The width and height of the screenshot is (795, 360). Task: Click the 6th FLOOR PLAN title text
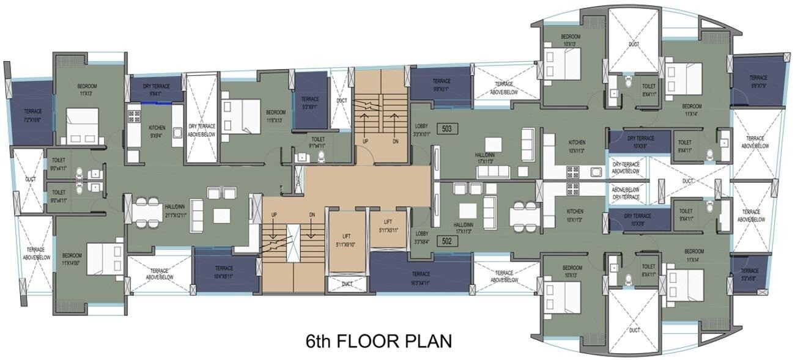pyautogui.click(x=379, y=340)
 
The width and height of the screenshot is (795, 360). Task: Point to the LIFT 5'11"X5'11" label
pyautogui.click(x=388, y=226)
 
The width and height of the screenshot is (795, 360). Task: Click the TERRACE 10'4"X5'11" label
pyautogui.click(x=223, y=271)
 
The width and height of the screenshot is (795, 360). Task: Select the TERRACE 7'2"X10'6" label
pyautogui.click(x=33, y=115)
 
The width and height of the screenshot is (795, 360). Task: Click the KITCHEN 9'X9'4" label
pyautogui.click(x=157, y=131)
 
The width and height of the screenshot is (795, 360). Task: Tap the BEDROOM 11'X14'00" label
pyautogui.click(x=72, y=259)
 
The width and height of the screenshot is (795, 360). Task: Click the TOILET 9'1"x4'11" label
pyautogui.click(x=317, y=142)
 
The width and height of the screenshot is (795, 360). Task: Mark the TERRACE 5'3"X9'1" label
pyautogui.click(x=310, y=102)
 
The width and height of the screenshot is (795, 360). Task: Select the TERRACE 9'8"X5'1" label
pyautogui.click(x=442, y=84)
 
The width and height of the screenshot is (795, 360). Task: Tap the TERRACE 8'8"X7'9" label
pyautogui.click(x=758, y=81)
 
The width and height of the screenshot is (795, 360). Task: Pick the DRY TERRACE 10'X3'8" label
pyautogui.click(x=639, y=142)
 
